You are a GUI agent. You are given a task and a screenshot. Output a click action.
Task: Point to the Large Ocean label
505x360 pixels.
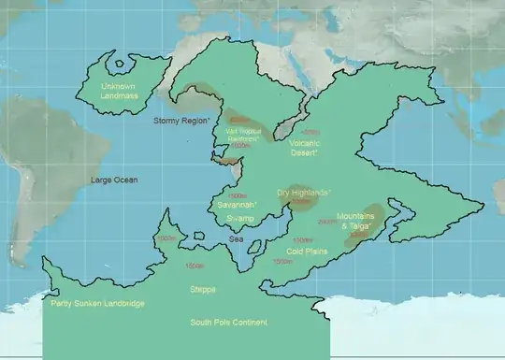pos(114,179)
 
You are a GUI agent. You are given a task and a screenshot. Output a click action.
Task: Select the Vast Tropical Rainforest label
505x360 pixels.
pos(245,136)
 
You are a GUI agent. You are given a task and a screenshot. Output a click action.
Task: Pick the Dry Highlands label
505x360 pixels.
pos(303,193)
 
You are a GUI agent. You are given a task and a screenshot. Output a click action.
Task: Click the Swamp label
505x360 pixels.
pos(239,218)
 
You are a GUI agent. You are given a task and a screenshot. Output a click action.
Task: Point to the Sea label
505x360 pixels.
pos(238,239)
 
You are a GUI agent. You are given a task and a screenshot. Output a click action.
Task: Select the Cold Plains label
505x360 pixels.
pos(305,252)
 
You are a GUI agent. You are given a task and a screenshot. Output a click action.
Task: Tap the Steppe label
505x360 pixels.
pos(202,290)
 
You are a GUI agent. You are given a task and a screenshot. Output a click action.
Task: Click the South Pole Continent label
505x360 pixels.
pos(229,323)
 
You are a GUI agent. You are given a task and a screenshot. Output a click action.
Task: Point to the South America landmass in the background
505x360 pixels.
pos(28,187)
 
